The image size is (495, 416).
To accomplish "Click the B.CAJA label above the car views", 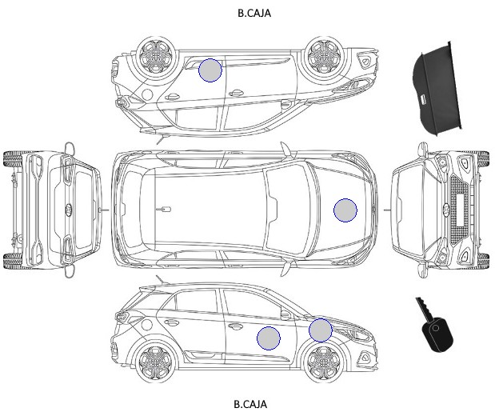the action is pos(254,13).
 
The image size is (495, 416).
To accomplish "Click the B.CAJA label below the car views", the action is pos(250,404).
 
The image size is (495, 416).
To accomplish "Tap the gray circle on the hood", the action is pos(345,210).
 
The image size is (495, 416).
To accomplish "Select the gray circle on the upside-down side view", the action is pos(210,70).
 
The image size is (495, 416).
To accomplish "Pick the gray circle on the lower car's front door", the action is pos(269,338).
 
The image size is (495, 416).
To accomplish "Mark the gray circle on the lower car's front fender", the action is pos(321,330).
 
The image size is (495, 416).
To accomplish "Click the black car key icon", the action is pos(435,326).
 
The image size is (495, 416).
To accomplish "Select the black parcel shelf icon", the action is pos(437,89).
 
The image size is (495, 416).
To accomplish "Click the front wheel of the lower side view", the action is pos(323,362).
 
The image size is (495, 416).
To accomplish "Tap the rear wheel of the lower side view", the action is pos(156,362).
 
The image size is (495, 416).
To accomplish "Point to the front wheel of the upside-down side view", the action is pos(323,56).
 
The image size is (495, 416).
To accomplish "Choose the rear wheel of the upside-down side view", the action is pos(156,56).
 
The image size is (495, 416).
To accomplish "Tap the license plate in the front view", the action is pos(459,210).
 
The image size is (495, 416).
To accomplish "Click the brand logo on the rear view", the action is pos(69,210).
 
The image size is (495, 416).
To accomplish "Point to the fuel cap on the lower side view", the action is pos(147,324).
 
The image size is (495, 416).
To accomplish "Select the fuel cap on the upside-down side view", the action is pos(147,94).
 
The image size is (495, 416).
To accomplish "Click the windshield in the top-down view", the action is pos(287,210).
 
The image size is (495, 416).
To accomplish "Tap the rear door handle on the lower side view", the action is pos(171,322).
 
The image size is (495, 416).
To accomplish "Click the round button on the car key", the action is pos(436,328).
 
